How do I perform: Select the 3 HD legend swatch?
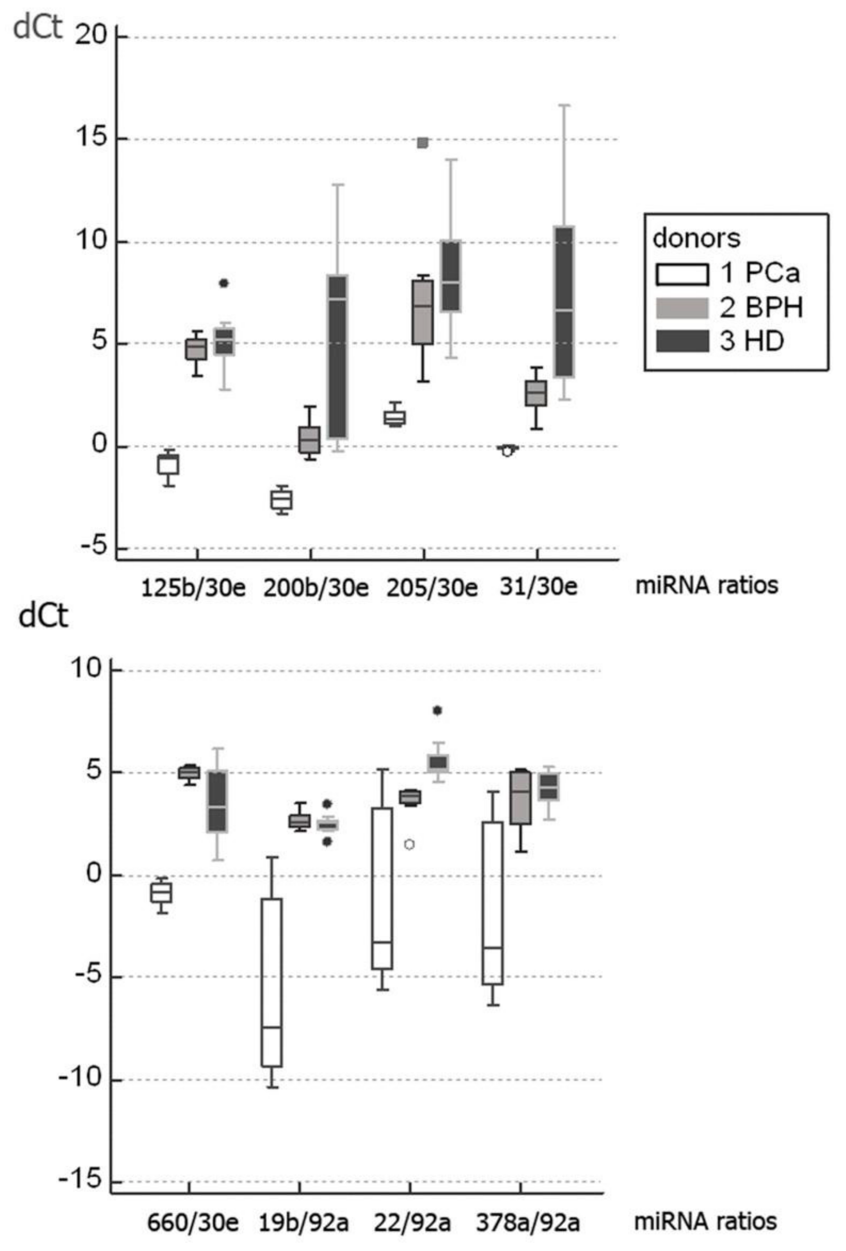(681, 341)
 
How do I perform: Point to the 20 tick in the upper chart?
(91, 37)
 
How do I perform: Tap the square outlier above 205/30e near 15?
(423, 143)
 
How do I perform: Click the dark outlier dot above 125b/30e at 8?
(224, 283)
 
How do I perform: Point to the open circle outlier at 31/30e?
(507, 451)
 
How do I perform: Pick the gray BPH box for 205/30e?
(423, 312)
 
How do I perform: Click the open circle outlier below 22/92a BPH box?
(409, 844)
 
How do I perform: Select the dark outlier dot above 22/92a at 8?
(437, 711)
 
